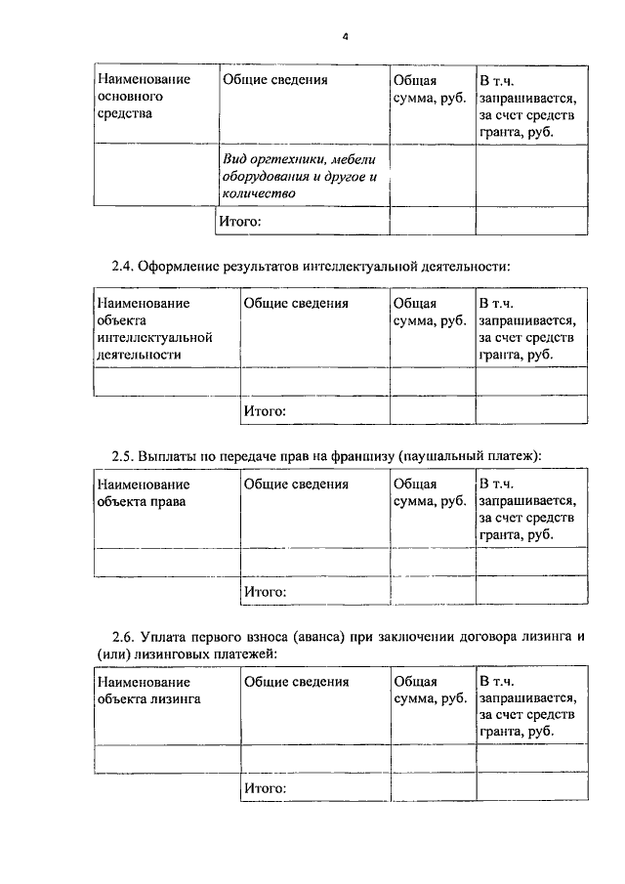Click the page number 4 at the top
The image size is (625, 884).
coord(345,36)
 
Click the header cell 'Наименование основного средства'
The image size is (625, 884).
coord(143,97)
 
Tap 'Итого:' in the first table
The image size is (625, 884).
coord(239,222)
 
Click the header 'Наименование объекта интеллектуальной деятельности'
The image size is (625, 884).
coord(154,328)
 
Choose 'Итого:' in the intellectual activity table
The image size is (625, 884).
coord(264,410)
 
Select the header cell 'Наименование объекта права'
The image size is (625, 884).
coord(143,492)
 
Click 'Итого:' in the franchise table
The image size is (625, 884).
coord(264,591)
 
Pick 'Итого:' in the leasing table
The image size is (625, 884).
coord(264,787)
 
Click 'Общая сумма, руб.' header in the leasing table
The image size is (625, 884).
coord(429,690)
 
